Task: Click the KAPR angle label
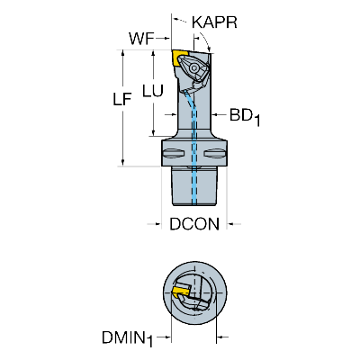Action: [214, 22]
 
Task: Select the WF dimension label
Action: [141, 39]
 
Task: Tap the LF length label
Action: [122, 99]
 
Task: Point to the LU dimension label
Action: [153, 91]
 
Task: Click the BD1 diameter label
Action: [245, 116]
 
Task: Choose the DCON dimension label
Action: [194, 224]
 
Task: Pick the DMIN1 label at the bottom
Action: [127, 339]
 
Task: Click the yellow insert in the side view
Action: [178, 58]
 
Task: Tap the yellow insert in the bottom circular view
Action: [181, 290]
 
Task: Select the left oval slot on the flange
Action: [174, 154]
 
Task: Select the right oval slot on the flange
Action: [215, 154]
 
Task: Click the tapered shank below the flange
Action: [194, 186]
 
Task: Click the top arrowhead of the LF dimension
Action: [122, 53]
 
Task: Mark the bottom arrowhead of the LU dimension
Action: [153, 132]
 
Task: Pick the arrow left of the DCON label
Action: [154, 224]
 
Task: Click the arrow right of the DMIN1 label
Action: [222, 337]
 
